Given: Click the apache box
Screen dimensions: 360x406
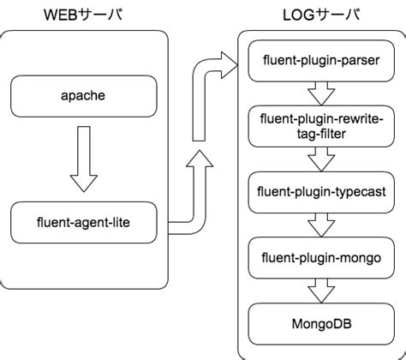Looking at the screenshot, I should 83,95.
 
